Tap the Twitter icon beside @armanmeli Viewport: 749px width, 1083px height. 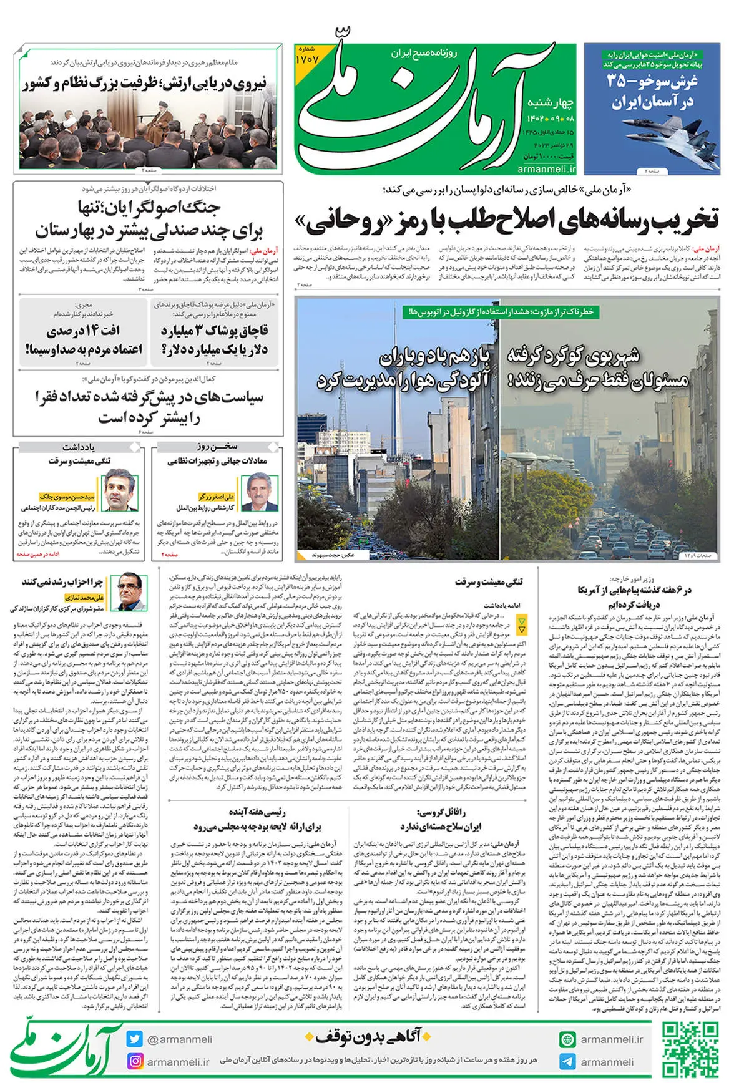coord(134,1039)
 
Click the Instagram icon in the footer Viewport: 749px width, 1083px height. coord(134,1061)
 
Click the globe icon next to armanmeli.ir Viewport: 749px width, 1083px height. coord(567,1039)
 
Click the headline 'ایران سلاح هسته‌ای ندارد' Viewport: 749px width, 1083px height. coord(441,827)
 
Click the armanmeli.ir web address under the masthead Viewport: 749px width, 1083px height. coord(547,168)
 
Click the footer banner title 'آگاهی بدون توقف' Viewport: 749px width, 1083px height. coord(368,1037)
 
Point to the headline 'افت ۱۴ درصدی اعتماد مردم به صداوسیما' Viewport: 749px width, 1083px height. coord(84,339)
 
